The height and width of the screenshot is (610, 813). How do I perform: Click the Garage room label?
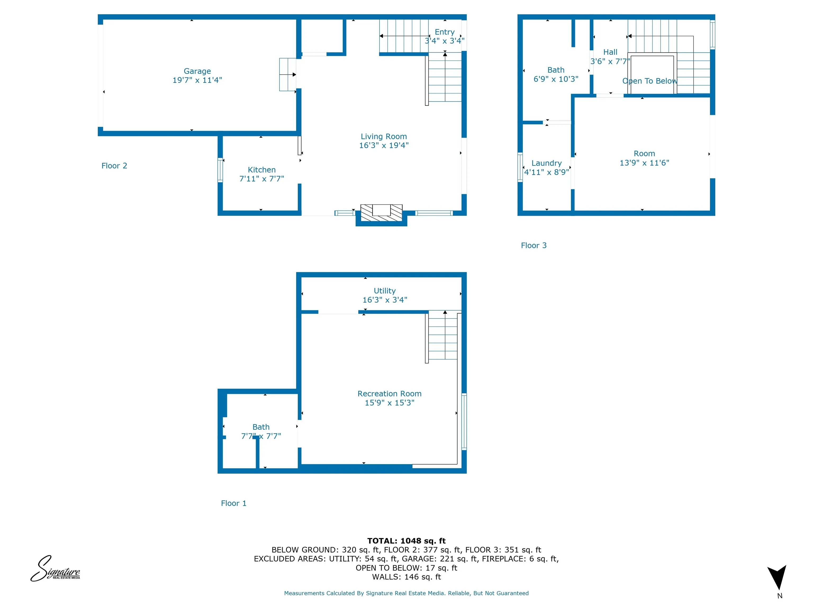pyautogui.click(x=197, y=71)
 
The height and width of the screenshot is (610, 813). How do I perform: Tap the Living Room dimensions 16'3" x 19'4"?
pyautogui.click(x=384, y=146)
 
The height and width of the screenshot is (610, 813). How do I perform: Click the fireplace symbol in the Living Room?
pyautogui.click(x=382, y=213)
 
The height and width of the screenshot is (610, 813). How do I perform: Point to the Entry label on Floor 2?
pyautogui.click(x=445, y=32)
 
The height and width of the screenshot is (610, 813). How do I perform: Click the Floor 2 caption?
pyautogui.click(x=114, y=166)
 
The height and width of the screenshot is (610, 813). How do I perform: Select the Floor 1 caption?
pyautogui.click(x=234, y=503)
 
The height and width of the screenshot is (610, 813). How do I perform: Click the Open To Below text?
pyautogui.click(x=649, y=81)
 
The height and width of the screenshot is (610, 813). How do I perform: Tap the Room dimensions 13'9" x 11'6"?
pyautogui.click(x=644, y=163)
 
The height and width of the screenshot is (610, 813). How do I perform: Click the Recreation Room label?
pyautogui.click(x=390, y=394)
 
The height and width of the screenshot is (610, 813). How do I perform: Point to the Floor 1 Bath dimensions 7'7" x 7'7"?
pyautogui.click(x=261, y=436)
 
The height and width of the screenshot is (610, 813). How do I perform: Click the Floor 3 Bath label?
pyautogui.click(x=556, y=70)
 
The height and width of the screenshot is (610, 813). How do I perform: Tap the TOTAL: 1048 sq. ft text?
pyautogui.click(x=406, y=541)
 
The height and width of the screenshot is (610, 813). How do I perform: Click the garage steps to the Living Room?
pyautogui.click(x=288, y=75)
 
